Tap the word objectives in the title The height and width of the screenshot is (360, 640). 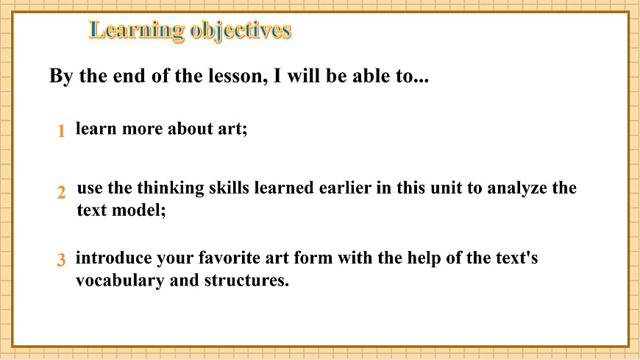point(241,30)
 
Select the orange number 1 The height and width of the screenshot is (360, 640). point(61,131)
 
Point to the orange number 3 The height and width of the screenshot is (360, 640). point(61,260)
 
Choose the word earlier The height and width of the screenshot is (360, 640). point(344,188)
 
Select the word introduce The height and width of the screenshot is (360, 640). point(113,258)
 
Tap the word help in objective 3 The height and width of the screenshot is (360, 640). point(435,258)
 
